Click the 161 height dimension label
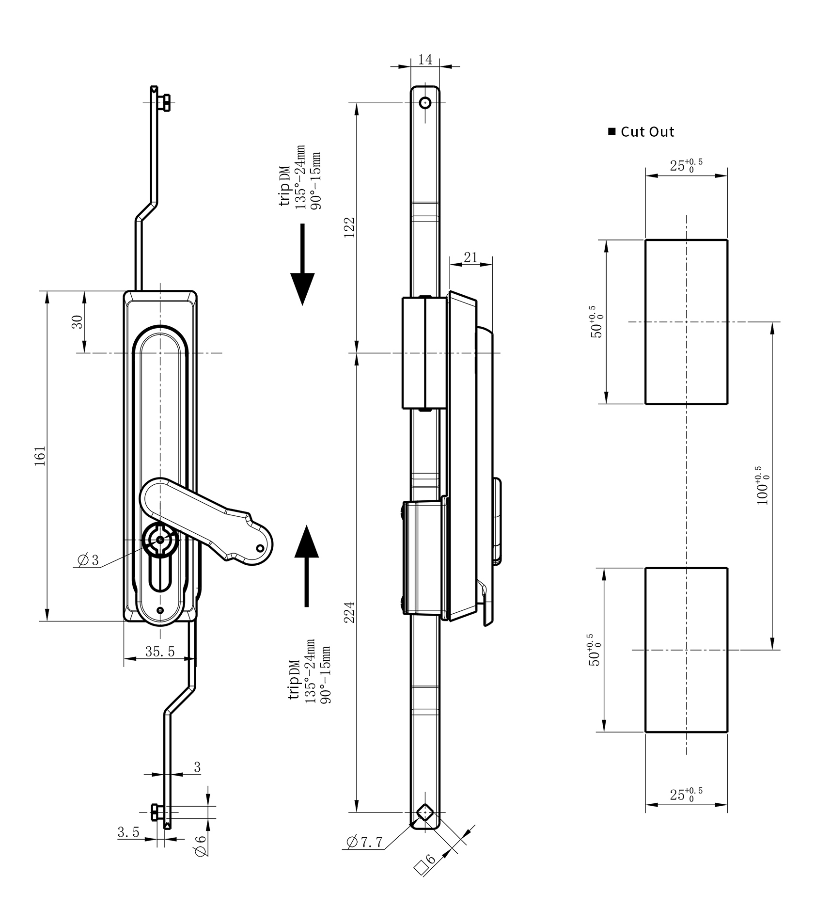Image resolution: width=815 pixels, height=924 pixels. point(40,456)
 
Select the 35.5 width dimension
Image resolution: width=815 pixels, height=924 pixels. point(160,651)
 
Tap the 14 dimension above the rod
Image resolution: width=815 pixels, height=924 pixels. point(425,60)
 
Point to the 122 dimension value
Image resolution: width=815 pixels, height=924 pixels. point(350,227)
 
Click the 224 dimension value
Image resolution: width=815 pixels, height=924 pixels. point(350,612)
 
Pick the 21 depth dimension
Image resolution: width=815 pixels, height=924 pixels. point(470,257)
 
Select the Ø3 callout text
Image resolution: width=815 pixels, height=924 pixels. point(88,560)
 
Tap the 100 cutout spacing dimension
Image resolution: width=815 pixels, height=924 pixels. point(762,485)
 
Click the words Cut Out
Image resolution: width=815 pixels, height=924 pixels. point(647,132)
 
